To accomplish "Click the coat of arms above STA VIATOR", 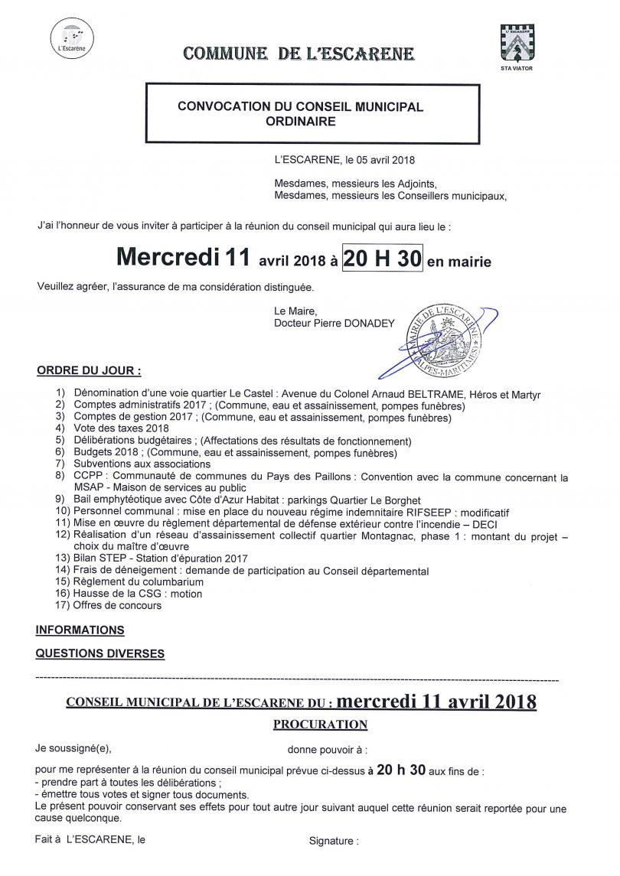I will tap(516, 43).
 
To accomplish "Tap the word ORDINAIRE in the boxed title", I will tap(300, 121).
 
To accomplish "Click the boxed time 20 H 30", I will tap(382, 259).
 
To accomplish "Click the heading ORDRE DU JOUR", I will tap(89, 371).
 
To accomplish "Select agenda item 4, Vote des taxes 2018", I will tap(121, 429).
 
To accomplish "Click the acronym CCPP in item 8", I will tap(88, 477).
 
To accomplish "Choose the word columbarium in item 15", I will tap(166, 582).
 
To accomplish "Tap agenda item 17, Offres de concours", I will tap(117, 606).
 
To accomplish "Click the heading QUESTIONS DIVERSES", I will tap(100, 654).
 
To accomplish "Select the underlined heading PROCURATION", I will tap(320, 725).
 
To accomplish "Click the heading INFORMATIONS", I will tap(80, 630).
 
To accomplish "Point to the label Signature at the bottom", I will tap(333, 841).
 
